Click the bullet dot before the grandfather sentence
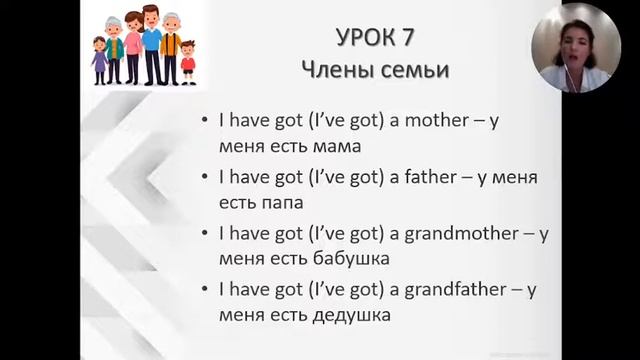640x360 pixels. [x=205, y=292]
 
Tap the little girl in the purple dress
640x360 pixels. [x=99, y=60]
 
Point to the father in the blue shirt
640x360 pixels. [x=150, y=45]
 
